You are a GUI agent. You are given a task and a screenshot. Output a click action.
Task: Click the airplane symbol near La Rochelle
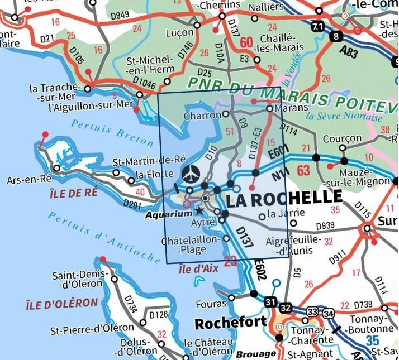tap(191, 172)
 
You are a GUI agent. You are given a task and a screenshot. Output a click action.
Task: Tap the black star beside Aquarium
tap(199, 211)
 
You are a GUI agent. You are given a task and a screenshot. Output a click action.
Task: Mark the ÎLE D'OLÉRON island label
tap(61, 304)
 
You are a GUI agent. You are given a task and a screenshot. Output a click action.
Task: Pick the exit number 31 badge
tap(271, 303)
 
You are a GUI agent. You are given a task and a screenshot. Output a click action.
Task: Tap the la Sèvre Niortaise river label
tap(344, 118)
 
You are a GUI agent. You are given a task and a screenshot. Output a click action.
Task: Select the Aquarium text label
tap(168, 214)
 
